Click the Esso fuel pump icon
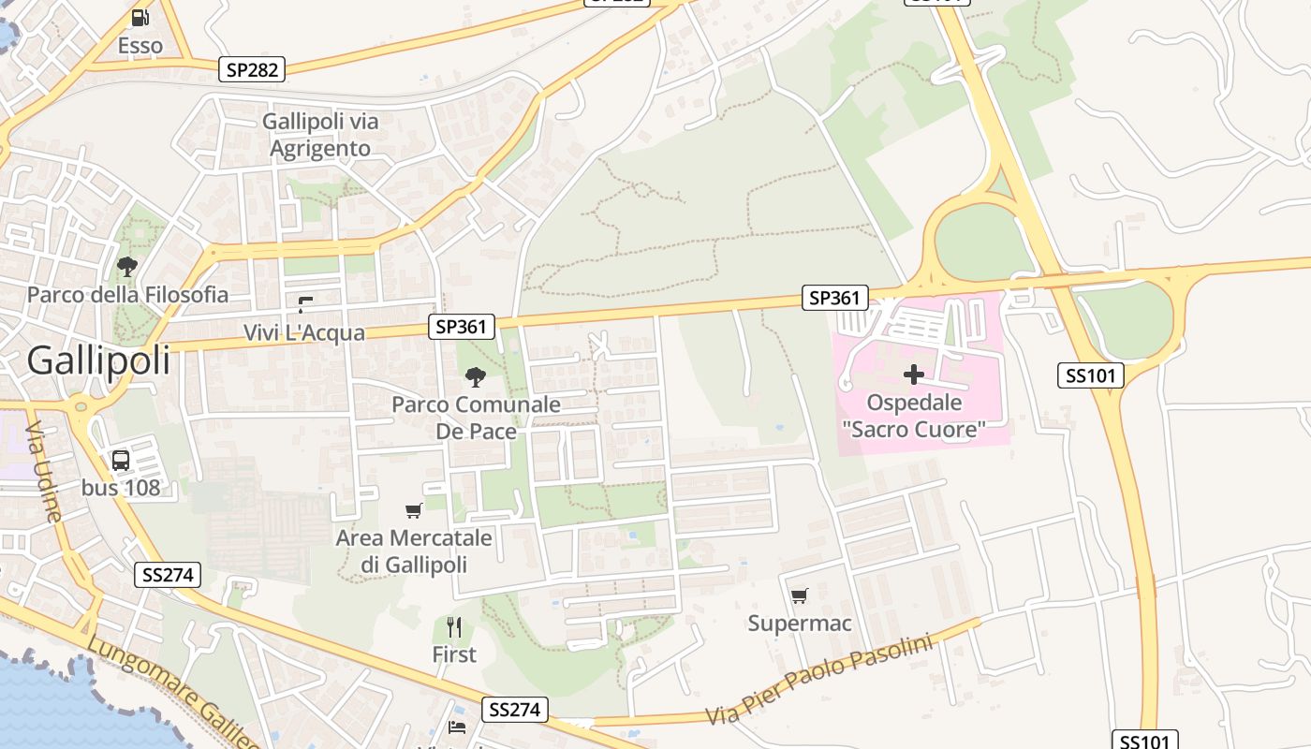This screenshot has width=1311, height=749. tap(140, 17)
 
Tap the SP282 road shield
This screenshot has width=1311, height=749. tap(252, 69)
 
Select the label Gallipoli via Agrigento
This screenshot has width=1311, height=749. tap(320, 135)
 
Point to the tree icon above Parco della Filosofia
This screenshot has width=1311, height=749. tap(127, 267)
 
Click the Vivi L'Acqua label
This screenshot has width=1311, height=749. tap(303, 332)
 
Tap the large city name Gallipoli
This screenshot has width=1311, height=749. tap(99, 360)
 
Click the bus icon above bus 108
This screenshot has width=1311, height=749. tap(121, 460)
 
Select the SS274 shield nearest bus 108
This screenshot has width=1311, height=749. tap(168, 575)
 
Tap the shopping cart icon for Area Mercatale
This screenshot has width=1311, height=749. tap(413, 510)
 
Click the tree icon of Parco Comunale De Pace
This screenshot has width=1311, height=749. tap(476, 377)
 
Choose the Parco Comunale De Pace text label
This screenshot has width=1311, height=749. tap(476, 418)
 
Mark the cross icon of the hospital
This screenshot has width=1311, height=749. tap(913, 375)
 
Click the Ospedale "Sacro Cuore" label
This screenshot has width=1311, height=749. tap(913, 417)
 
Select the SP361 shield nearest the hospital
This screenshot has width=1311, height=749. tap(834, 299)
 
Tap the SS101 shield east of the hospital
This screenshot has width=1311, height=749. tap(1091, 375)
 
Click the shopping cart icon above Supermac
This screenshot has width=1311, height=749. tap(799, 595)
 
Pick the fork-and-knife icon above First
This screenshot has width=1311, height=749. tap(454, 626)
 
